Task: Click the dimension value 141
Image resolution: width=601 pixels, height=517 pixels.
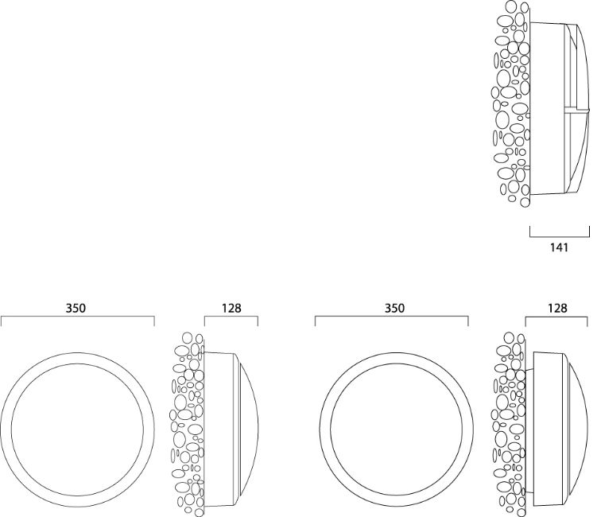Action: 559,247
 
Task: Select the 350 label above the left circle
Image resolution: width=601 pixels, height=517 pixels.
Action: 76,308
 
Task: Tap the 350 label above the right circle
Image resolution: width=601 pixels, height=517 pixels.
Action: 394,308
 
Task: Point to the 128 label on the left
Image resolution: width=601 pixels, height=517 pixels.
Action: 231,308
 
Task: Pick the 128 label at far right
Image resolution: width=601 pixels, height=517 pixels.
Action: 557,308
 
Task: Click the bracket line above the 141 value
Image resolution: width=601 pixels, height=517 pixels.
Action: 560,237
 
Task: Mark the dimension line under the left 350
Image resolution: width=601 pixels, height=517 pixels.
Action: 78,317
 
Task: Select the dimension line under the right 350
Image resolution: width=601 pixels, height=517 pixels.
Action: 392,317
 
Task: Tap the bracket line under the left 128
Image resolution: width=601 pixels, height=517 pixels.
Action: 231,317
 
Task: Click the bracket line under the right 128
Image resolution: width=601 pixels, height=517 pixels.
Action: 556,317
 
